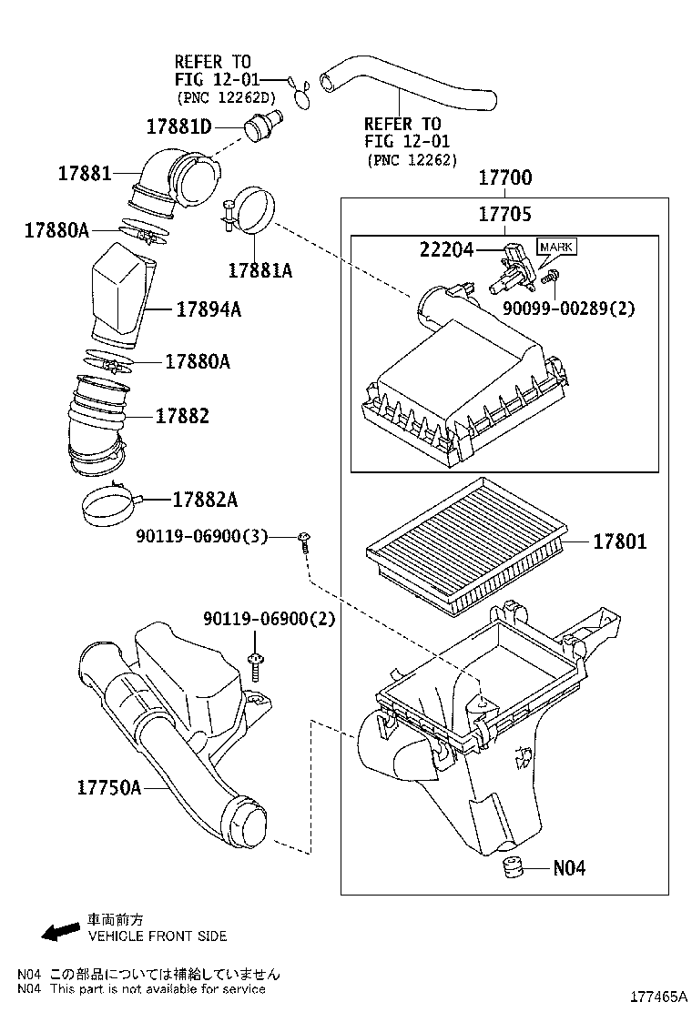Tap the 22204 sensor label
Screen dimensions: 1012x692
pyautogui.click(x=446, y=248)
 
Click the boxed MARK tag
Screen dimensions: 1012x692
pyautogui.click(x=555, y=247)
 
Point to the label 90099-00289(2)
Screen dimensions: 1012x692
pyautogui.click(x=569, y=308)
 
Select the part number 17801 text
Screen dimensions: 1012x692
pyautogui.click(x=619, y=542)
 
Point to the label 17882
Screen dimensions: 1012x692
pyautogui.click(x=182, y=416)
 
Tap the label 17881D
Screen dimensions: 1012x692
pyautogui.click(x=178, y=126)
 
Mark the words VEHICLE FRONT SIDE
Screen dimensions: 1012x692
pyautogui.click(x=157, y=936)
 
